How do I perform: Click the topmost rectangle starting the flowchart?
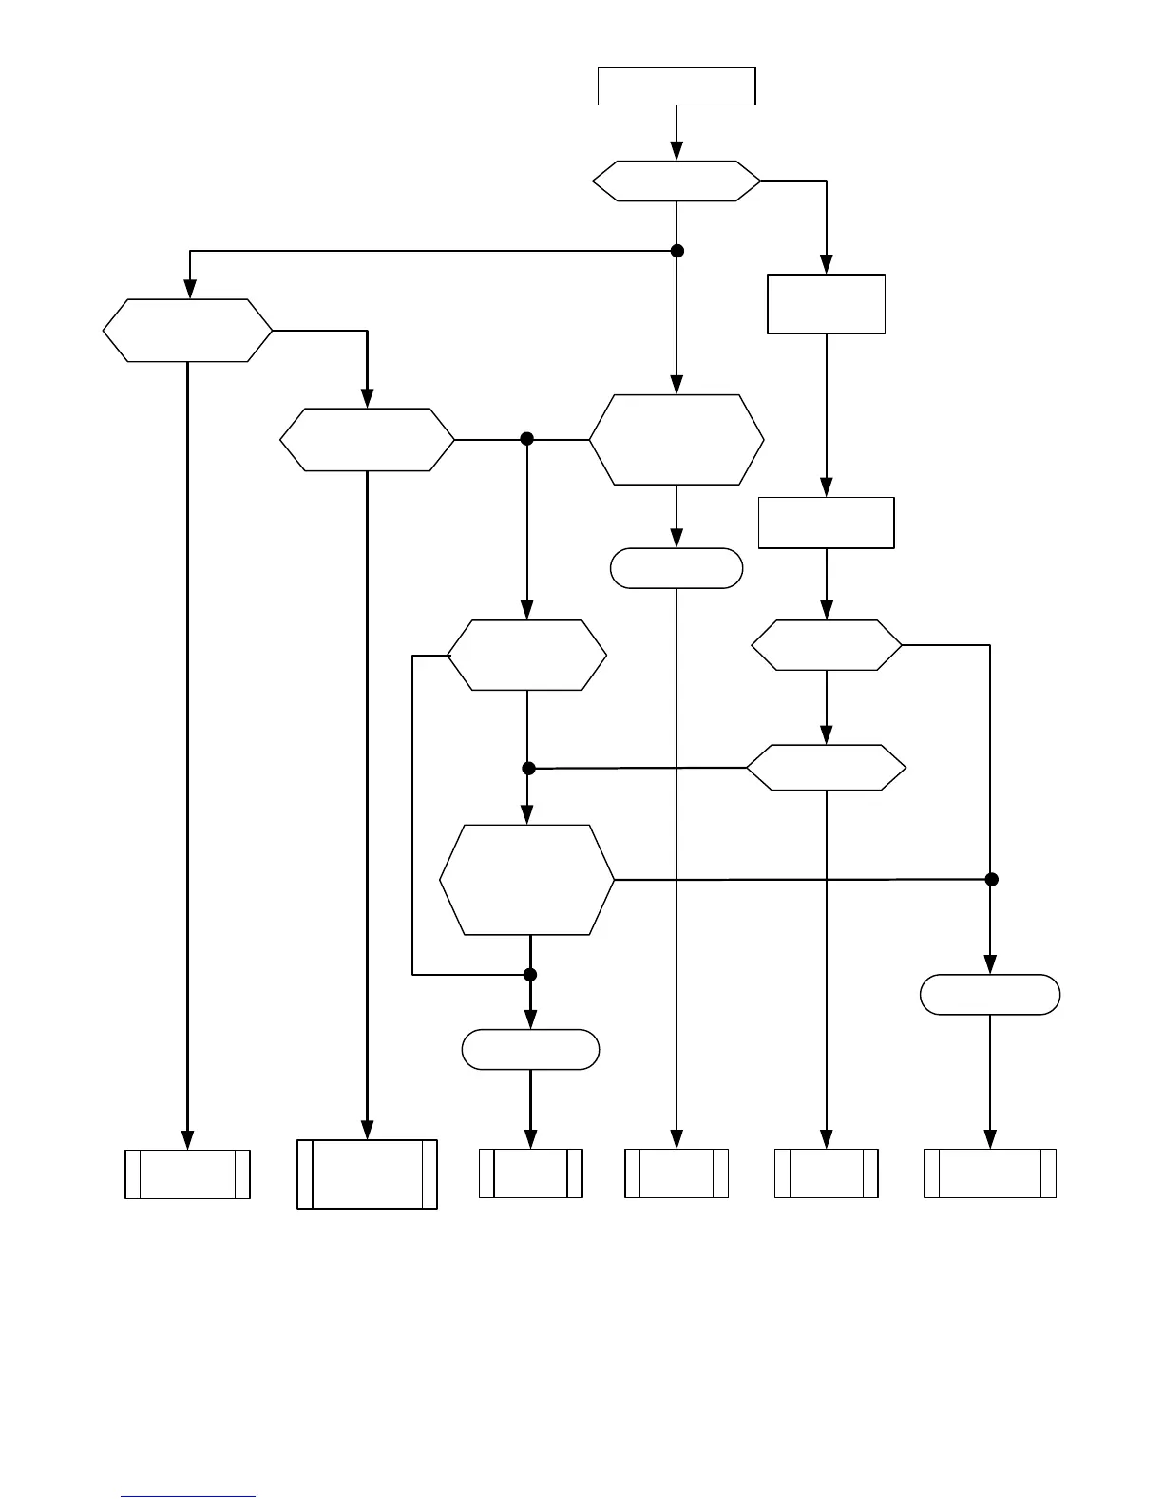[676, 86]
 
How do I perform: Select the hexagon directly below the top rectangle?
[676, 181]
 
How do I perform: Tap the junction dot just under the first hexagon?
[677, 251]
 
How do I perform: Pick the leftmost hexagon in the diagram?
[187, 331]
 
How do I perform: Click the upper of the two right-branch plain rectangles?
[826, 304]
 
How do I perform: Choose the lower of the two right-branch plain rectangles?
[826, 523]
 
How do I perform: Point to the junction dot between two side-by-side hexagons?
[527, 439]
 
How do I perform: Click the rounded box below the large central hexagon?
[676, 568]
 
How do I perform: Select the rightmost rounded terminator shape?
[990, 995]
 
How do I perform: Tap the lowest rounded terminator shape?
[530, 1050]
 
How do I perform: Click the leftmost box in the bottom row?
[187, 1174]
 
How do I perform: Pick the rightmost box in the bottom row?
[990, 1173]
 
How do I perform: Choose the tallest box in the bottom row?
[367, 1174]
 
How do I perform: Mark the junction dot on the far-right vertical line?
[991, 880]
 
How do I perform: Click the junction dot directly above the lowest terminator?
[530, 975]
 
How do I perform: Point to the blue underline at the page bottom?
[188, 1497]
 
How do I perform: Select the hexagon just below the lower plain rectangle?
[826, 646]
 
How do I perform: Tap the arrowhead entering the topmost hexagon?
[677, 151]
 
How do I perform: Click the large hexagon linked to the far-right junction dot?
[527, 880]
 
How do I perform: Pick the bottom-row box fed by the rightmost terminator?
[990, 1173]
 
